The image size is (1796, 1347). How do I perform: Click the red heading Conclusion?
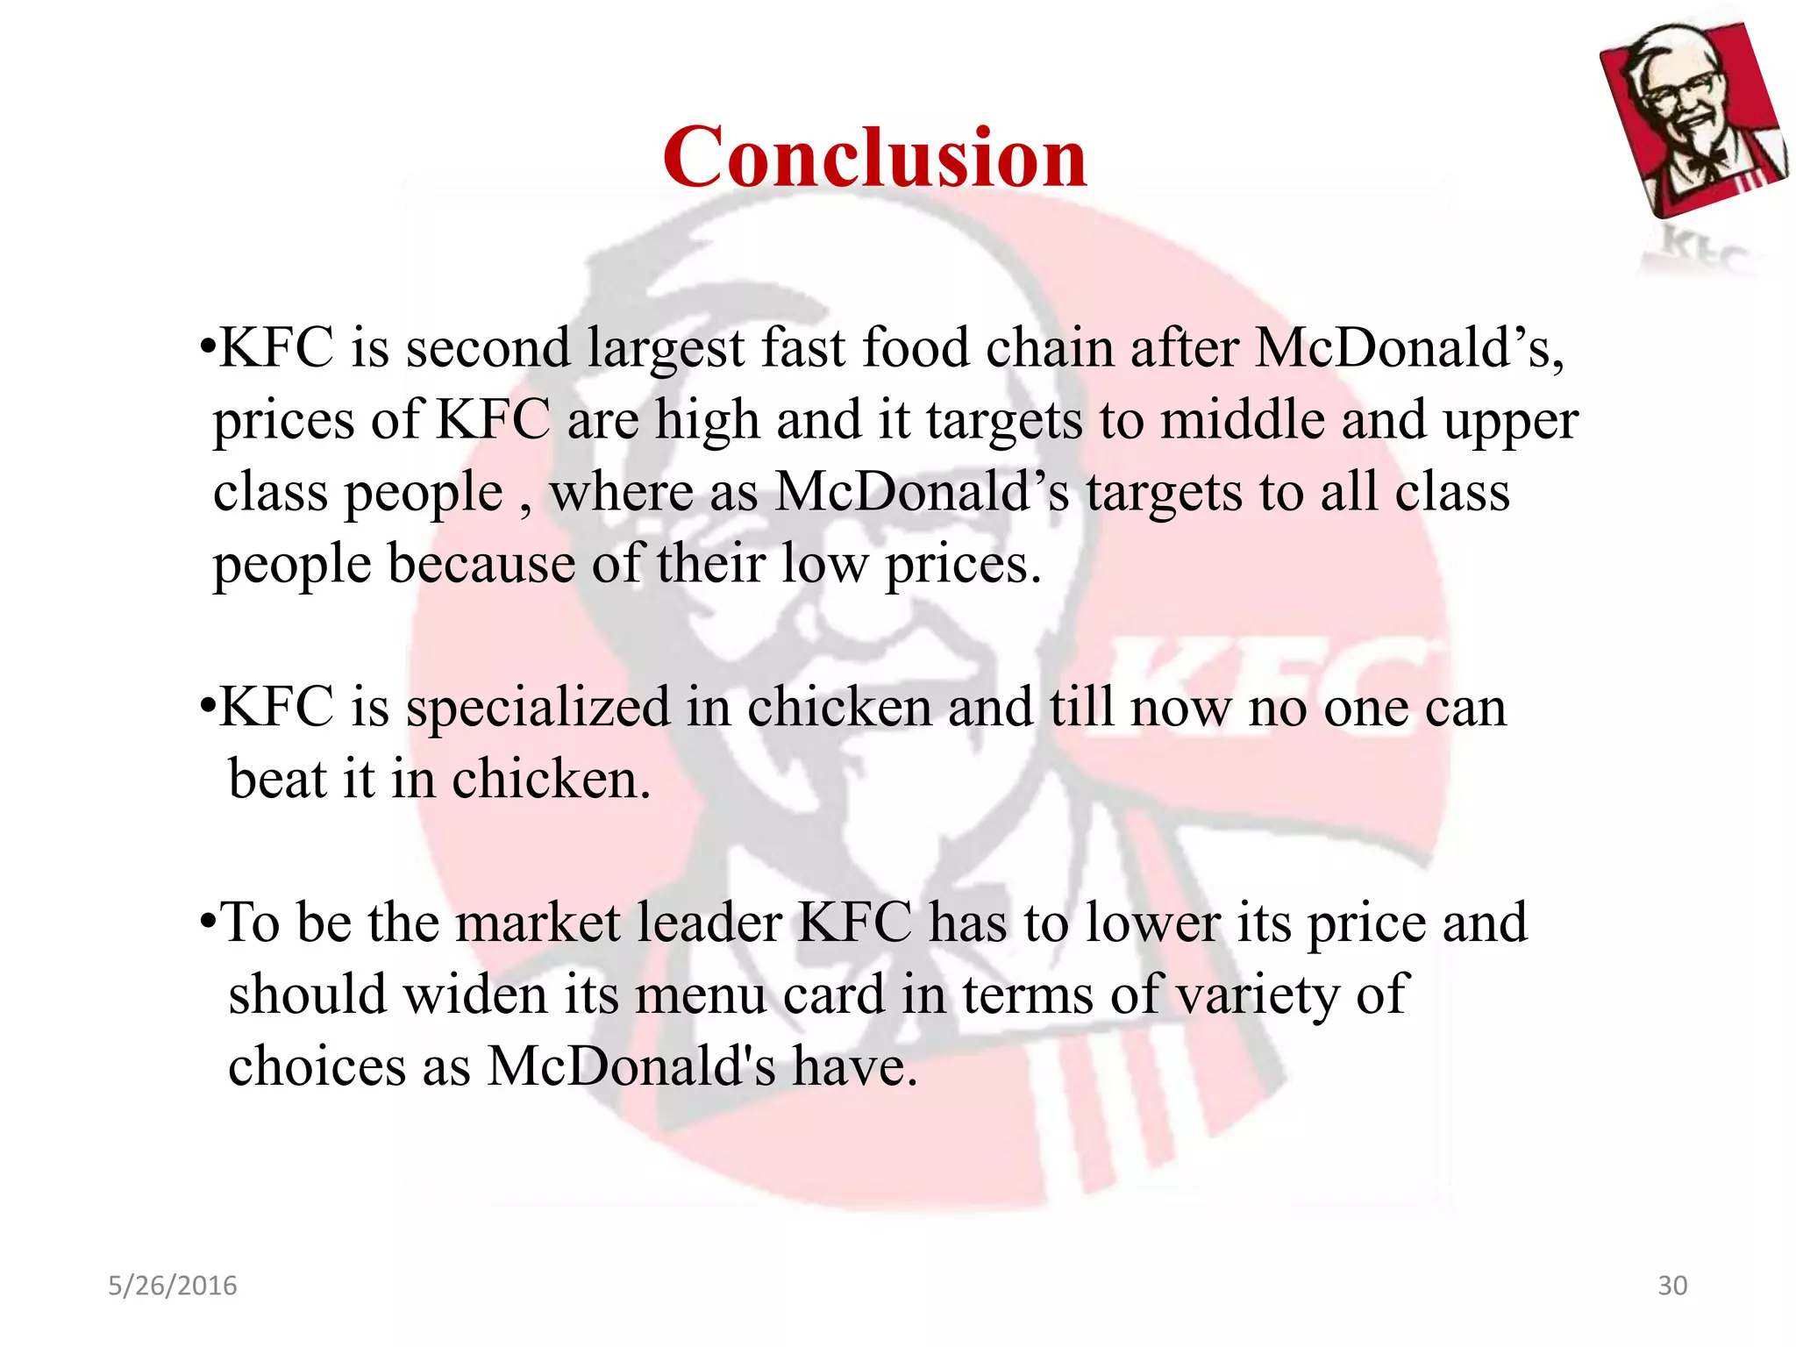pos(874,158)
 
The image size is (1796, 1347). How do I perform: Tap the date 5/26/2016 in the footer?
pos(172,1286)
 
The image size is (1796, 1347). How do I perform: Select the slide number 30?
pos(1671,1286)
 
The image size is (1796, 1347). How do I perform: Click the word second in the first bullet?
pos(488,348)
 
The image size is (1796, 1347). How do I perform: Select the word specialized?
pos(538,709)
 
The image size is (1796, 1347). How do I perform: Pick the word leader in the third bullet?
pos(709,923)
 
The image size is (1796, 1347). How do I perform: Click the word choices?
pos(317,1067)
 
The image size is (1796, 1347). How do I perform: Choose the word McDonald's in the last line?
pos(631,1067)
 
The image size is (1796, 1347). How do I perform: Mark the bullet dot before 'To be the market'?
pos(207,923)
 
